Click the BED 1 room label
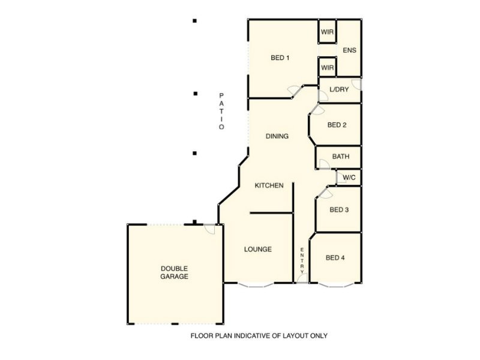[x=280, y=58]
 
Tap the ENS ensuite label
[x=349, y=50]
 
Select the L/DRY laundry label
[x=339, y=89]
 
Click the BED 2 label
[x=337, y=125]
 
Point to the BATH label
[x=341, y=157]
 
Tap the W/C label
[x=348, y=178]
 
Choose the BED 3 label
[x=339, y=210]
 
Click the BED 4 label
[x=335, y=258]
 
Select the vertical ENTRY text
[x=302, y=259]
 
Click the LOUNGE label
[x=258, y=249]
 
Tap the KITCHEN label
[x=269, y=186]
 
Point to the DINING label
[x=277, y=136]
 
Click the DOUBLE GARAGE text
[x=174, y=272]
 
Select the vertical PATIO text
[x=221, y=111]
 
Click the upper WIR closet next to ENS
[x=327, y=32]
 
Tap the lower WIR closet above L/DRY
[x=327, y=68]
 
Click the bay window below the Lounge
[x=256, y=284]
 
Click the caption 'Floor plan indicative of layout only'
[x=259, y=336]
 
